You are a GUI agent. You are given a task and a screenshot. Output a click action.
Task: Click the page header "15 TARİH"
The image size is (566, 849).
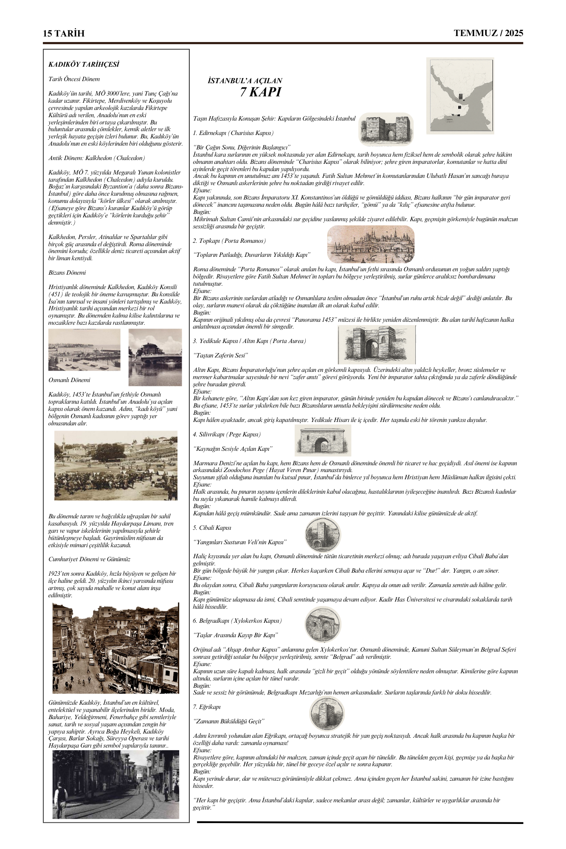(64, 34)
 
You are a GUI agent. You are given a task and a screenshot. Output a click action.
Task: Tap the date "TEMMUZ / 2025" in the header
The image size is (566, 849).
(488, 33)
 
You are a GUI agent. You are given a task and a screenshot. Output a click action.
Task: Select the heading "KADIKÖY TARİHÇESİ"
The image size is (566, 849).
(84, 65)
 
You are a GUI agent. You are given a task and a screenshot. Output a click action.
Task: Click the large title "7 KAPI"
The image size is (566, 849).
(260, 92)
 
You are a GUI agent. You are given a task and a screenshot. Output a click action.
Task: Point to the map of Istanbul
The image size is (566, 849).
(460, 96)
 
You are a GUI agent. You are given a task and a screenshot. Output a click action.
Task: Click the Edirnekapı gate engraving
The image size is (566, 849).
(386, 129)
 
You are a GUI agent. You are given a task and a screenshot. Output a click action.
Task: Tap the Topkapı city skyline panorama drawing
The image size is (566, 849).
(371, 245)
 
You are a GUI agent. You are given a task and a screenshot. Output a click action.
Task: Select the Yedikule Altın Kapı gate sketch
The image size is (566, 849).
(376, 344)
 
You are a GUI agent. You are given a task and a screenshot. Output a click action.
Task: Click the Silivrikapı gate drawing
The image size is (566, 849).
(323, 440)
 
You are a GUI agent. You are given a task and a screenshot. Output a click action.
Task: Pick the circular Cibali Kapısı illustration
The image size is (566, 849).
(323, 534)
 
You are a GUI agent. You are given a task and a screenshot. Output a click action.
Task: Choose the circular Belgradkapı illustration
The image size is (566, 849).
(323, 624)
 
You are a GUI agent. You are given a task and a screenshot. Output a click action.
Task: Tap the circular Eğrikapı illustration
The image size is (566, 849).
(326, 714)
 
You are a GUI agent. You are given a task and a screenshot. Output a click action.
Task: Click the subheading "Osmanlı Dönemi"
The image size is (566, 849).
(69, 380)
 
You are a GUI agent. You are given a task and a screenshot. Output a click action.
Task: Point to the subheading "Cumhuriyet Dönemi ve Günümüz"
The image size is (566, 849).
(90, 559)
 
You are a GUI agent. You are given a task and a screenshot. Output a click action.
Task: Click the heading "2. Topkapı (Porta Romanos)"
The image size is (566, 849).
(229, 241)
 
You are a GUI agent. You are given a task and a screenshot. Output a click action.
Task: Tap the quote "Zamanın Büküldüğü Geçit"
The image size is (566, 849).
(229, 721)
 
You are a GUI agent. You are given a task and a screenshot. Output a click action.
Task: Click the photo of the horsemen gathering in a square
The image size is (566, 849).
(116, 465)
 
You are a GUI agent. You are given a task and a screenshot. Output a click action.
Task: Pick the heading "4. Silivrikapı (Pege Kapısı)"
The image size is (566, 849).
(227, 434)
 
